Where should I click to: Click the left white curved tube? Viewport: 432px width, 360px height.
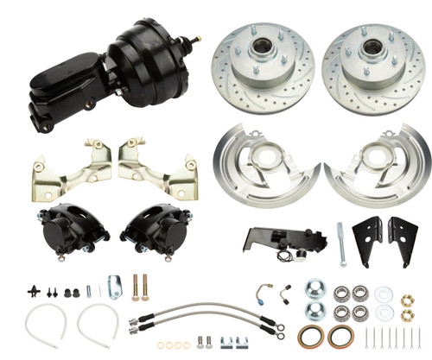click(x=43, y=324)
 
